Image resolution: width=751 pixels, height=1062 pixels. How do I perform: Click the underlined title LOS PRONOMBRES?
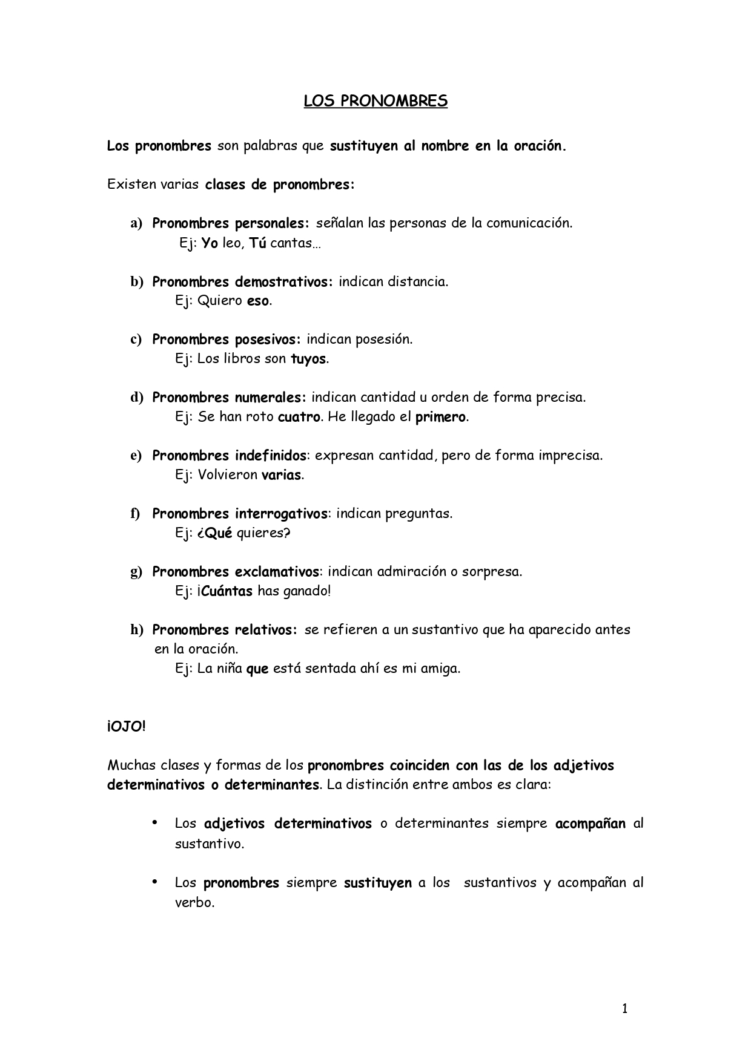pyautogui.click(x=375, y=101)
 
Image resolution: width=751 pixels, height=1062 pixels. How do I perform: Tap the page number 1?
pyautogui.click(x=625, y=1008)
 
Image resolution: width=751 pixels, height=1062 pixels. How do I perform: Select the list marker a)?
pyautogui.click(x=136, y=223)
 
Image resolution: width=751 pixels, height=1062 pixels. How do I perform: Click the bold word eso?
pyautogui.click(x=257, y=301)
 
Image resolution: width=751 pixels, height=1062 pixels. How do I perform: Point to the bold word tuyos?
pyautogui.click(x=308, y=359)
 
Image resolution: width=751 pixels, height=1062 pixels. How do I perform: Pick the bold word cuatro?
pyautogui.click(x=299, y=417)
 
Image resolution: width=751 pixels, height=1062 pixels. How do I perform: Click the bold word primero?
pyautogui.click(x=440, y=417)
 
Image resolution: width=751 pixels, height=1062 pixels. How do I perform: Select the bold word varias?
pyautogui.click(x=281, y=475)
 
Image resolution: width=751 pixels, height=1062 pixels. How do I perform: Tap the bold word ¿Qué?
pyautogui.click(x=214, y=533)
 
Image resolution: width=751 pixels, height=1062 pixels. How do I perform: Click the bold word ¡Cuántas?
pyautogui.click(x=224, y=591)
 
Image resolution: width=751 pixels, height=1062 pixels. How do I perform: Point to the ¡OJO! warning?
pyautogui.click(x=127, y=726)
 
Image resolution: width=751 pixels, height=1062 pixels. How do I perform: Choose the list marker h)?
pyautogui.click(x=137, y=630)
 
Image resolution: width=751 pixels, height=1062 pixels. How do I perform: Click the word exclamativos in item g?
pyautogui.click(x=277, y=571)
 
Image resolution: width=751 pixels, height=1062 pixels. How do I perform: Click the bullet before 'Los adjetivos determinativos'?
pyautogui.click(x=154, y=822)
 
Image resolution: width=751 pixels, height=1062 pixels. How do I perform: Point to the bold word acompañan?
pyautogui.click(x=590, y=824)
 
